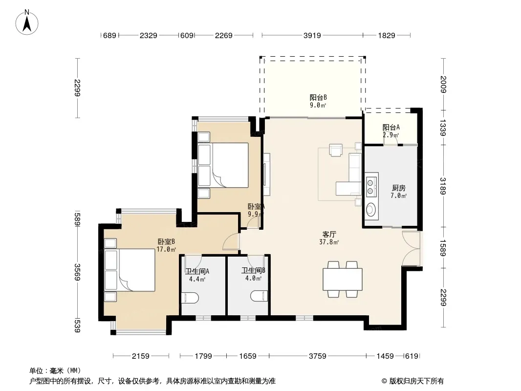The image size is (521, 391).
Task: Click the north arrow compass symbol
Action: pyautogui.click(x=27, y=22)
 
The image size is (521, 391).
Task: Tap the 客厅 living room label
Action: pyautogui.click(x=329, y=234)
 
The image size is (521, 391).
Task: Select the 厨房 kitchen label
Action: pyautogui.click(x=398, y=188)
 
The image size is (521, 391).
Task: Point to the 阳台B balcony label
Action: pyautogui.click(x=318, y=97)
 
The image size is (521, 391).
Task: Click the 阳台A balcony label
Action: pyautogui.click(x=391, y=127)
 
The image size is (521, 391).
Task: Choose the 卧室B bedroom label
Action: pyautogui.click(x=166, y=241)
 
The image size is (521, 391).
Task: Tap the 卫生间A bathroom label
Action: pyautogui.click(x=197, y=271)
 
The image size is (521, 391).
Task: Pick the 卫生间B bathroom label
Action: pyautogui.click(x=253, y=271)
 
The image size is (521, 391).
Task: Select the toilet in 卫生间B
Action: pyautogui.click(x=259, y=296)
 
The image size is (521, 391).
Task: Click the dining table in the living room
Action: pyautogui.click(x=343, y=279)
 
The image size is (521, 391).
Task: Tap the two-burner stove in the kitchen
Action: pyautogui.click(x=371, y=187)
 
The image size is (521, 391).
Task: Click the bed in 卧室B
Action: pyautogui.click(x=130, y=270)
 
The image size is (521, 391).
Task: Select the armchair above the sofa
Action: pyautogui.click(x=336, y=150)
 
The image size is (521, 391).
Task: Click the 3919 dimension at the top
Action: pyautogui.click(x=312, y=35)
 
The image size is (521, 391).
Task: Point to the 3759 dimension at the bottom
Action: pyautogui.click(x=318, y=356)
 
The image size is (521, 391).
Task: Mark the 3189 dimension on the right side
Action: pyautogui.click(x=443, y=186)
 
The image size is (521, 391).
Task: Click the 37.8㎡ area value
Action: pyautogui.click(x=329, y=242)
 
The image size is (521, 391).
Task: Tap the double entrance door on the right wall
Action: pyautogui.click(x=412, y=248)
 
